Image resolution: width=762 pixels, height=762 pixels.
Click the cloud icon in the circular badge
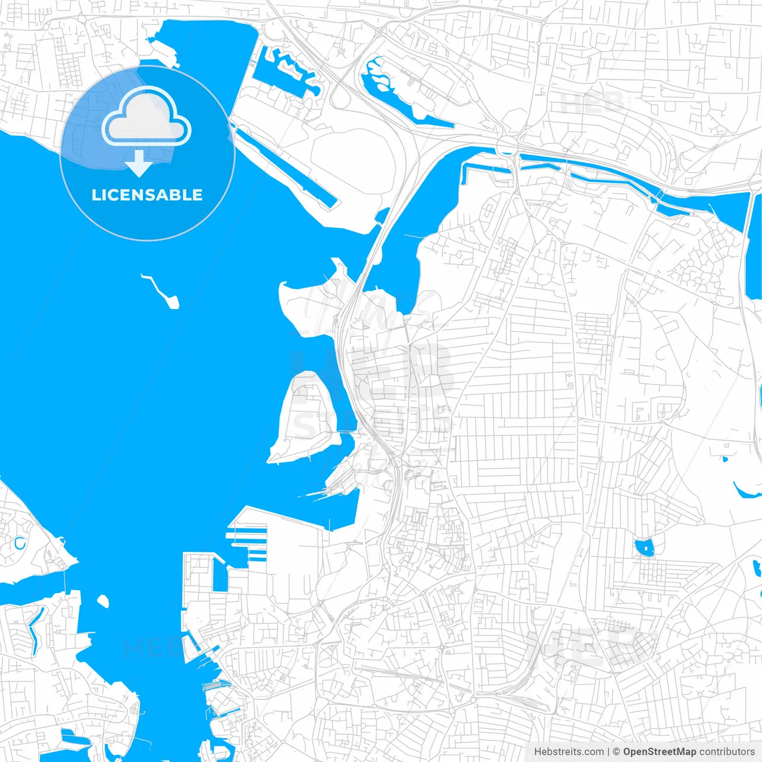coord(146,118)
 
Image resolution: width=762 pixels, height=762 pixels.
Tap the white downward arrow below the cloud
coord(139,163)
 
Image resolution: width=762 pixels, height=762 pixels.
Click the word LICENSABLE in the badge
coord(147,195)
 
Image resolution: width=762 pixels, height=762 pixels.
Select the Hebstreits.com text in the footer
coord(569,752)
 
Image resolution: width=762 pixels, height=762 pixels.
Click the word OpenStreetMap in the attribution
coord(659,752)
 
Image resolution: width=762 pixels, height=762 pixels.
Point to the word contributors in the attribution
coord(726,752)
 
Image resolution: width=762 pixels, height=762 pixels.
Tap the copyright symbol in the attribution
coord(617,752)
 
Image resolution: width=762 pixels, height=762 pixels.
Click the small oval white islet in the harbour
coord(103,601)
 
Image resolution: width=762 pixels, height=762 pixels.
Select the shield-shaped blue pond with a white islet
coord(644,547)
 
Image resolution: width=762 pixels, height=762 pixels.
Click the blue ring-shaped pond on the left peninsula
coord(20,544)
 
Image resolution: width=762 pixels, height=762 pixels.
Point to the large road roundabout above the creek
coord(507,145)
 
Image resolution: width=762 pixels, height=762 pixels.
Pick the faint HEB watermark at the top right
coord(592,103)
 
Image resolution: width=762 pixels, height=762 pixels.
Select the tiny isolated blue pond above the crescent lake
coord(724,459)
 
